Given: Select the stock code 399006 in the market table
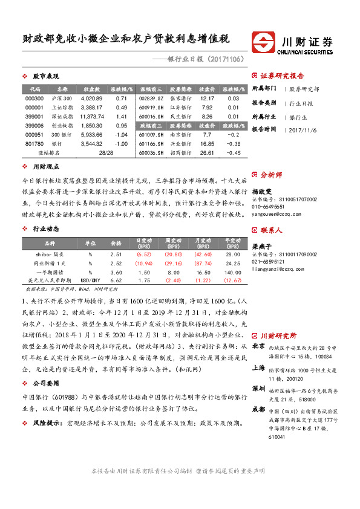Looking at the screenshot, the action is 35,125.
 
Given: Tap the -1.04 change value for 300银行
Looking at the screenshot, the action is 121,134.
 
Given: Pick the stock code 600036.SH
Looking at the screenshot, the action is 151,153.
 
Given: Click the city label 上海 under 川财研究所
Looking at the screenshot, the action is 258,368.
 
